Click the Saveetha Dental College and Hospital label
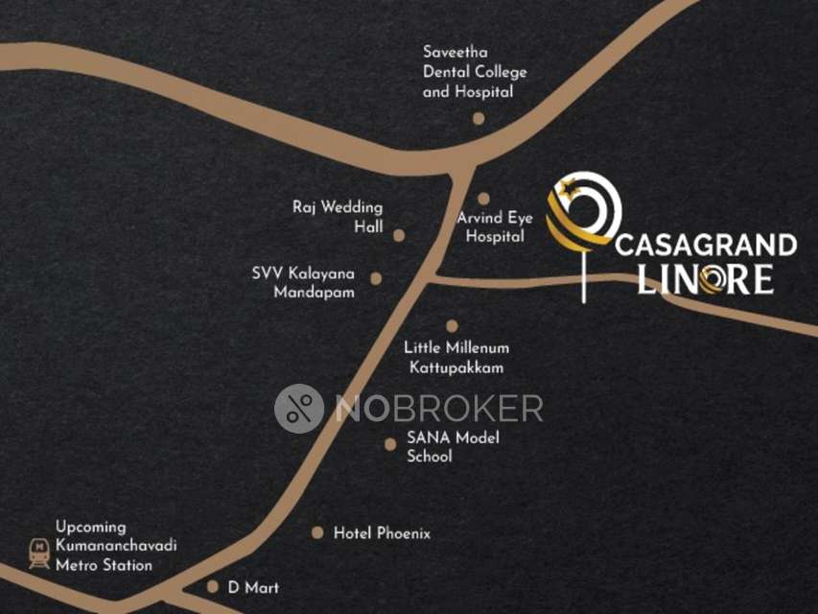point(474,72)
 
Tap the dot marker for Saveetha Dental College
point(479,119)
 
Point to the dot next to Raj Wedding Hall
point(399,235)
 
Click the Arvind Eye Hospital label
point(495,226)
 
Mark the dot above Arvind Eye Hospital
point(484,199)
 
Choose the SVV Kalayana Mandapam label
point(302,282)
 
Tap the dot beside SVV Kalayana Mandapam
point(376,279)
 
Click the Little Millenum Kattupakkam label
point(456,357)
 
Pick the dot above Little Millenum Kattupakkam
point(452,326)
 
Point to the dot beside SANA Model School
point(389,444)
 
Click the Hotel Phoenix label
point(382,533)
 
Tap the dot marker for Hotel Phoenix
point(317,532)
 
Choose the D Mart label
point(253,587)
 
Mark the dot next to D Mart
point(213,586)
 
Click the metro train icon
point(39,553)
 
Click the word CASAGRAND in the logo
point(705,246)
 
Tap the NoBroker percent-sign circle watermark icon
point(299,409)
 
